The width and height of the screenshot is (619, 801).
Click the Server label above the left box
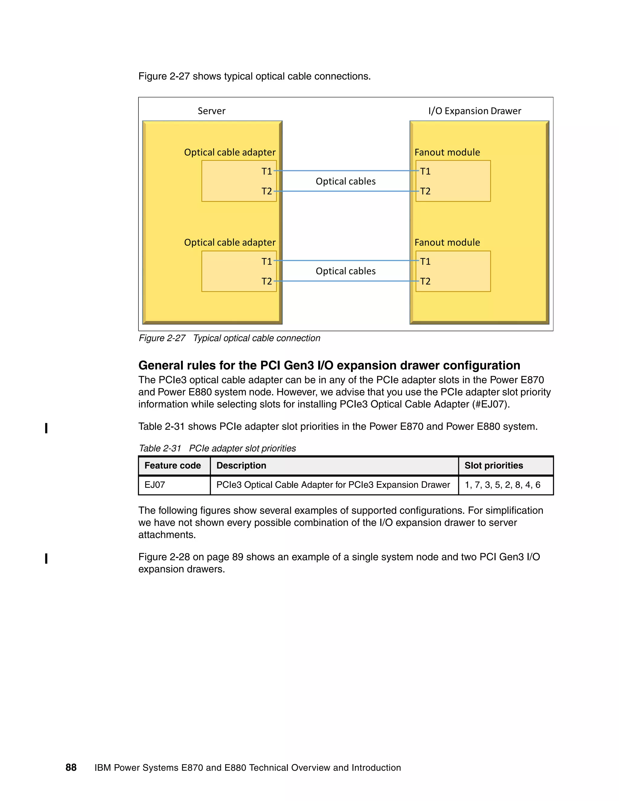211,111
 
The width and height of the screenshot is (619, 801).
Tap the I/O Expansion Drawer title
475,111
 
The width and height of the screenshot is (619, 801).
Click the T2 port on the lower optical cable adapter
267,281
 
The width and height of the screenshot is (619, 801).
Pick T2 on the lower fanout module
425,281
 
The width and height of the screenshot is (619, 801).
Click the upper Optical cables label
345,181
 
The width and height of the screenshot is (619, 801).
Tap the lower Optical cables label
345,271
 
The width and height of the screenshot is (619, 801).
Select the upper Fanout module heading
447,152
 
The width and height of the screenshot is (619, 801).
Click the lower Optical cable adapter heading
230,242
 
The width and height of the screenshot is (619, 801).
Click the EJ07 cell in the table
155,485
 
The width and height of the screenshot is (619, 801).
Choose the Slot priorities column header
494,465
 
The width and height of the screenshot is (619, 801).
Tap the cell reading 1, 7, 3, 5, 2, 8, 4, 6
502,485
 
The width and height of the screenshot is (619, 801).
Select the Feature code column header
172,465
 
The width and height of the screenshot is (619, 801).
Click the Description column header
241,465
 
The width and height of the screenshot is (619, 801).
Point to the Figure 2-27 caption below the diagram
229,338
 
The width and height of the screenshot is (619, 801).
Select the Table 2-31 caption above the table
217,448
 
